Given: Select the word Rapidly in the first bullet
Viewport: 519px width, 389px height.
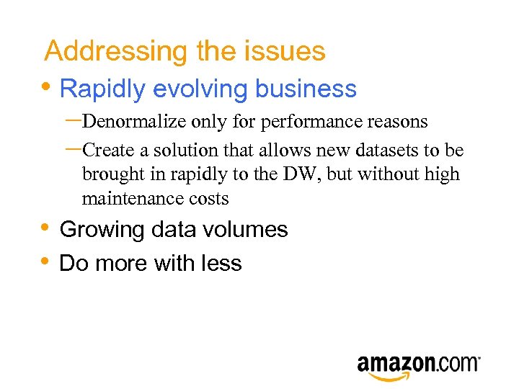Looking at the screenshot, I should coord(103,89).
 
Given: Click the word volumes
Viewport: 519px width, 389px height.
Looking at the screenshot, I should coord(247,230).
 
